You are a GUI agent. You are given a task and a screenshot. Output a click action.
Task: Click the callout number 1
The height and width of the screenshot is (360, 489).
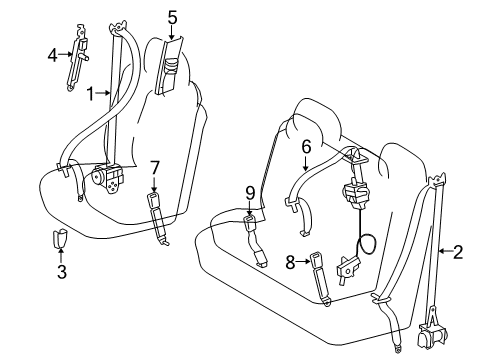click(x=90, y=94)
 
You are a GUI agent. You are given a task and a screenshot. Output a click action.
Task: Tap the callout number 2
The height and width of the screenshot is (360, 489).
click(x=457, y=253)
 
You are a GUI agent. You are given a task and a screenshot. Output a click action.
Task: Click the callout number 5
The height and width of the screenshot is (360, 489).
click(x=172, y=17)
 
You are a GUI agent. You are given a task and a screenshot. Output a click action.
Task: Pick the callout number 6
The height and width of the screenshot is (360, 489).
click(x=306, y=146)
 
